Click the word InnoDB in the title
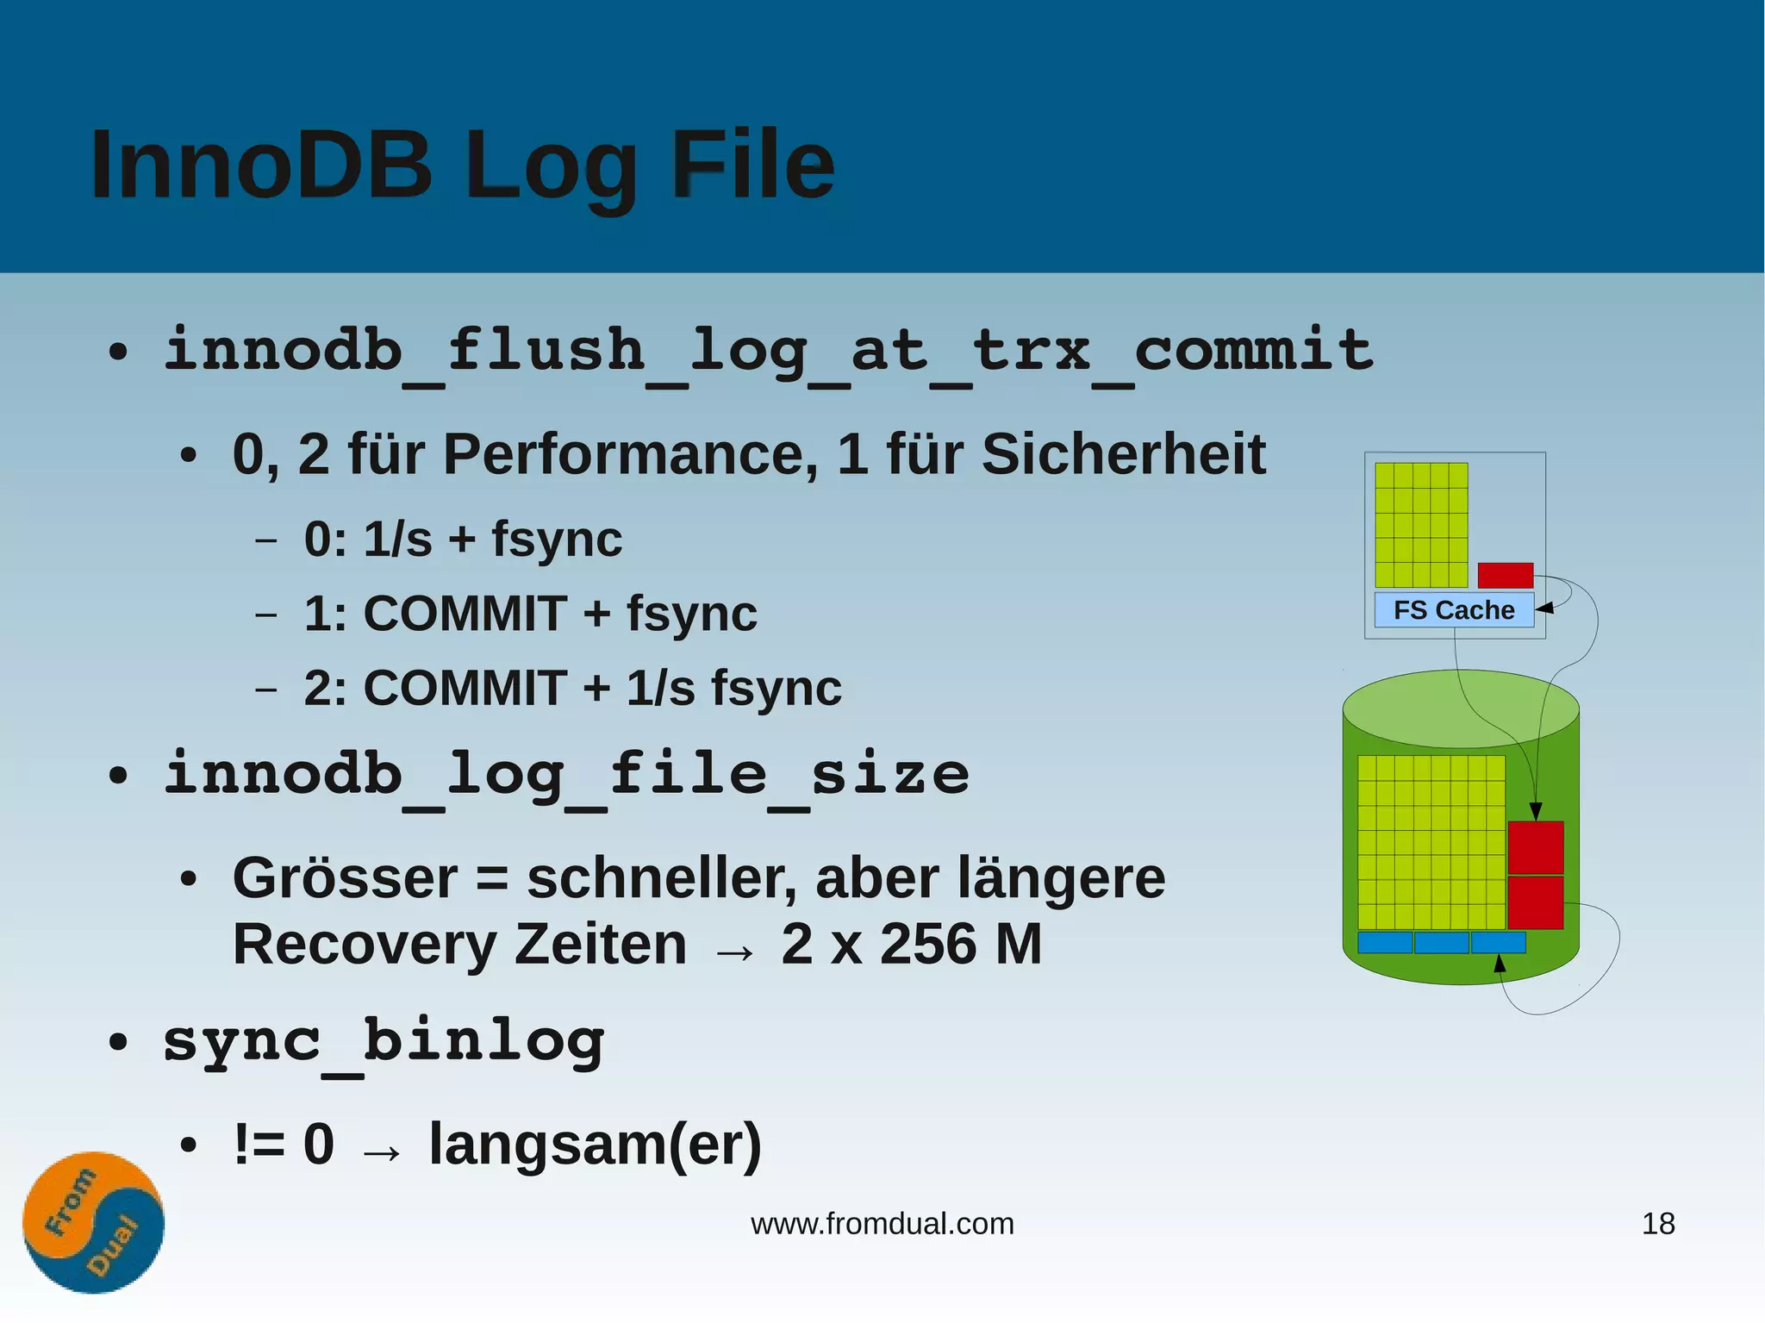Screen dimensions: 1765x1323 click(260, 164)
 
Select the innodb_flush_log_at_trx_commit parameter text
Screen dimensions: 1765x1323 click(768, 352)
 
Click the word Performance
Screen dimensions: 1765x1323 click(630, 454)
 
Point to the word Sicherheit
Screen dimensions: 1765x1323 click(1123, 454)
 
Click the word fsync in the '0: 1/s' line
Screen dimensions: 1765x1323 click(557, 540)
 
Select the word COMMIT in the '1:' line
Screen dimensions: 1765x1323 click(465, 614)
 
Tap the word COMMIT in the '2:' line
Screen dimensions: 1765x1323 click(465, 688)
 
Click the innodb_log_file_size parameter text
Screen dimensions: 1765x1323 click(566, 774)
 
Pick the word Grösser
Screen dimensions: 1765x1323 click(345, 878)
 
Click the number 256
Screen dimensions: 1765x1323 click(928, 945)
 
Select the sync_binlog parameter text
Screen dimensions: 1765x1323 click(384, 1041)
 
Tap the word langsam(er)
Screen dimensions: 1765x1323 click(596, 1145)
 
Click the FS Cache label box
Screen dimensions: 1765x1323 click(1454, 610)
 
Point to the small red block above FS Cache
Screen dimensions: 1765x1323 click(1505, 575)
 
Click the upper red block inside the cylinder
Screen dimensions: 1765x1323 click(1535, 847)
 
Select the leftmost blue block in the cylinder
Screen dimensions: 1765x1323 click(1384, 942)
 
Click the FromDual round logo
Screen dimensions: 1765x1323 click(93, 1221)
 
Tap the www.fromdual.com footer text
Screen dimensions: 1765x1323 click(882, 1224)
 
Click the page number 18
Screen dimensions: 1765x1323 click(1658, 1224)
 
